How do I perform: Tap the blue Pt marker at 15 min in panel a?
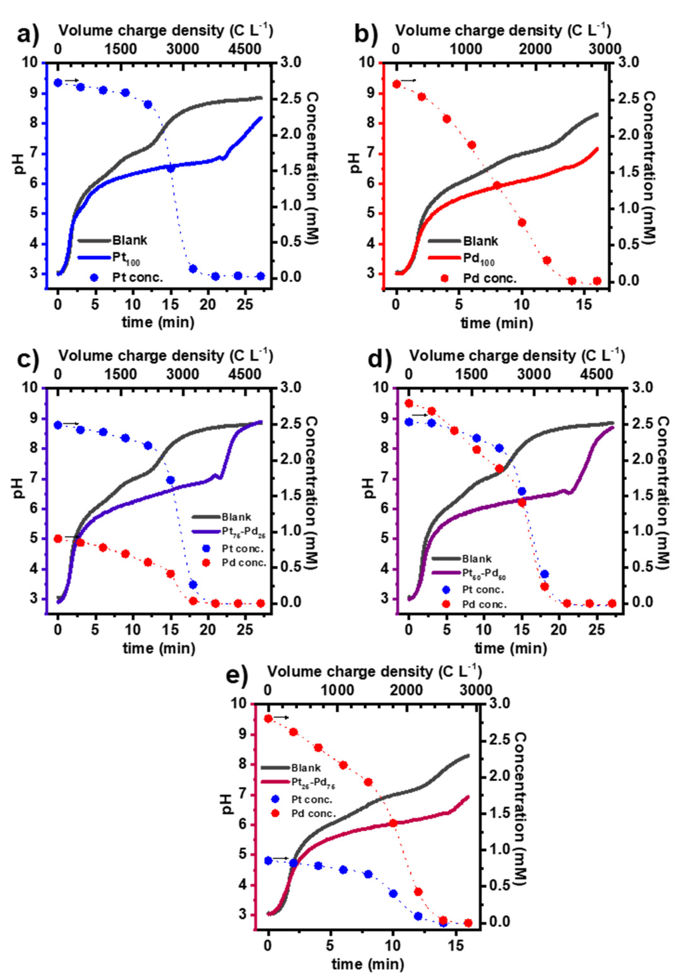pos(171,168)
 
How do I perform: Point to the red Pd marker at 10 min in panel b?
pos(522,223)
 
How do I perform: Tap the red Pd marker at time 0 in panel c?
pos(58,539)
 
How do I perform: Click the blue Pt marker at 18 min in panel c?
pos(193,585)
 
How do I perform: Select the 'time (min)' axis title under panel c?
pos(159,648)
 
